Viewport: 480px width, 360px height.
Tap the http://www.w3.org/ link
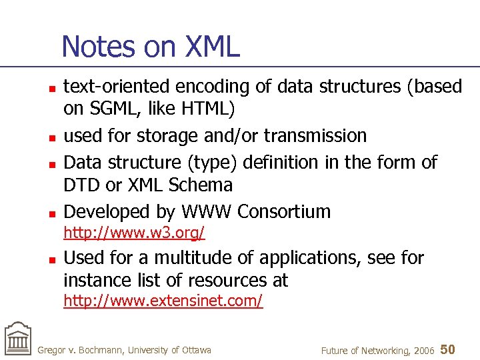134,233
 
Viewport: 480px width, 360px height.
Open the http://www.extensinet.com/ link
163,301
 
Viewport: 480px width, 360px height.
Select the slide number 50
448,349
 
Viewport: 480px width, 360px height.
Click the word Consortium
284,212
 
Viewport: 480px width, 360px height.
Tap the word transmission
315,135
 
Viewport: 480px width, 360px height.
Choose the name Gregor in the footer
51,350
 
